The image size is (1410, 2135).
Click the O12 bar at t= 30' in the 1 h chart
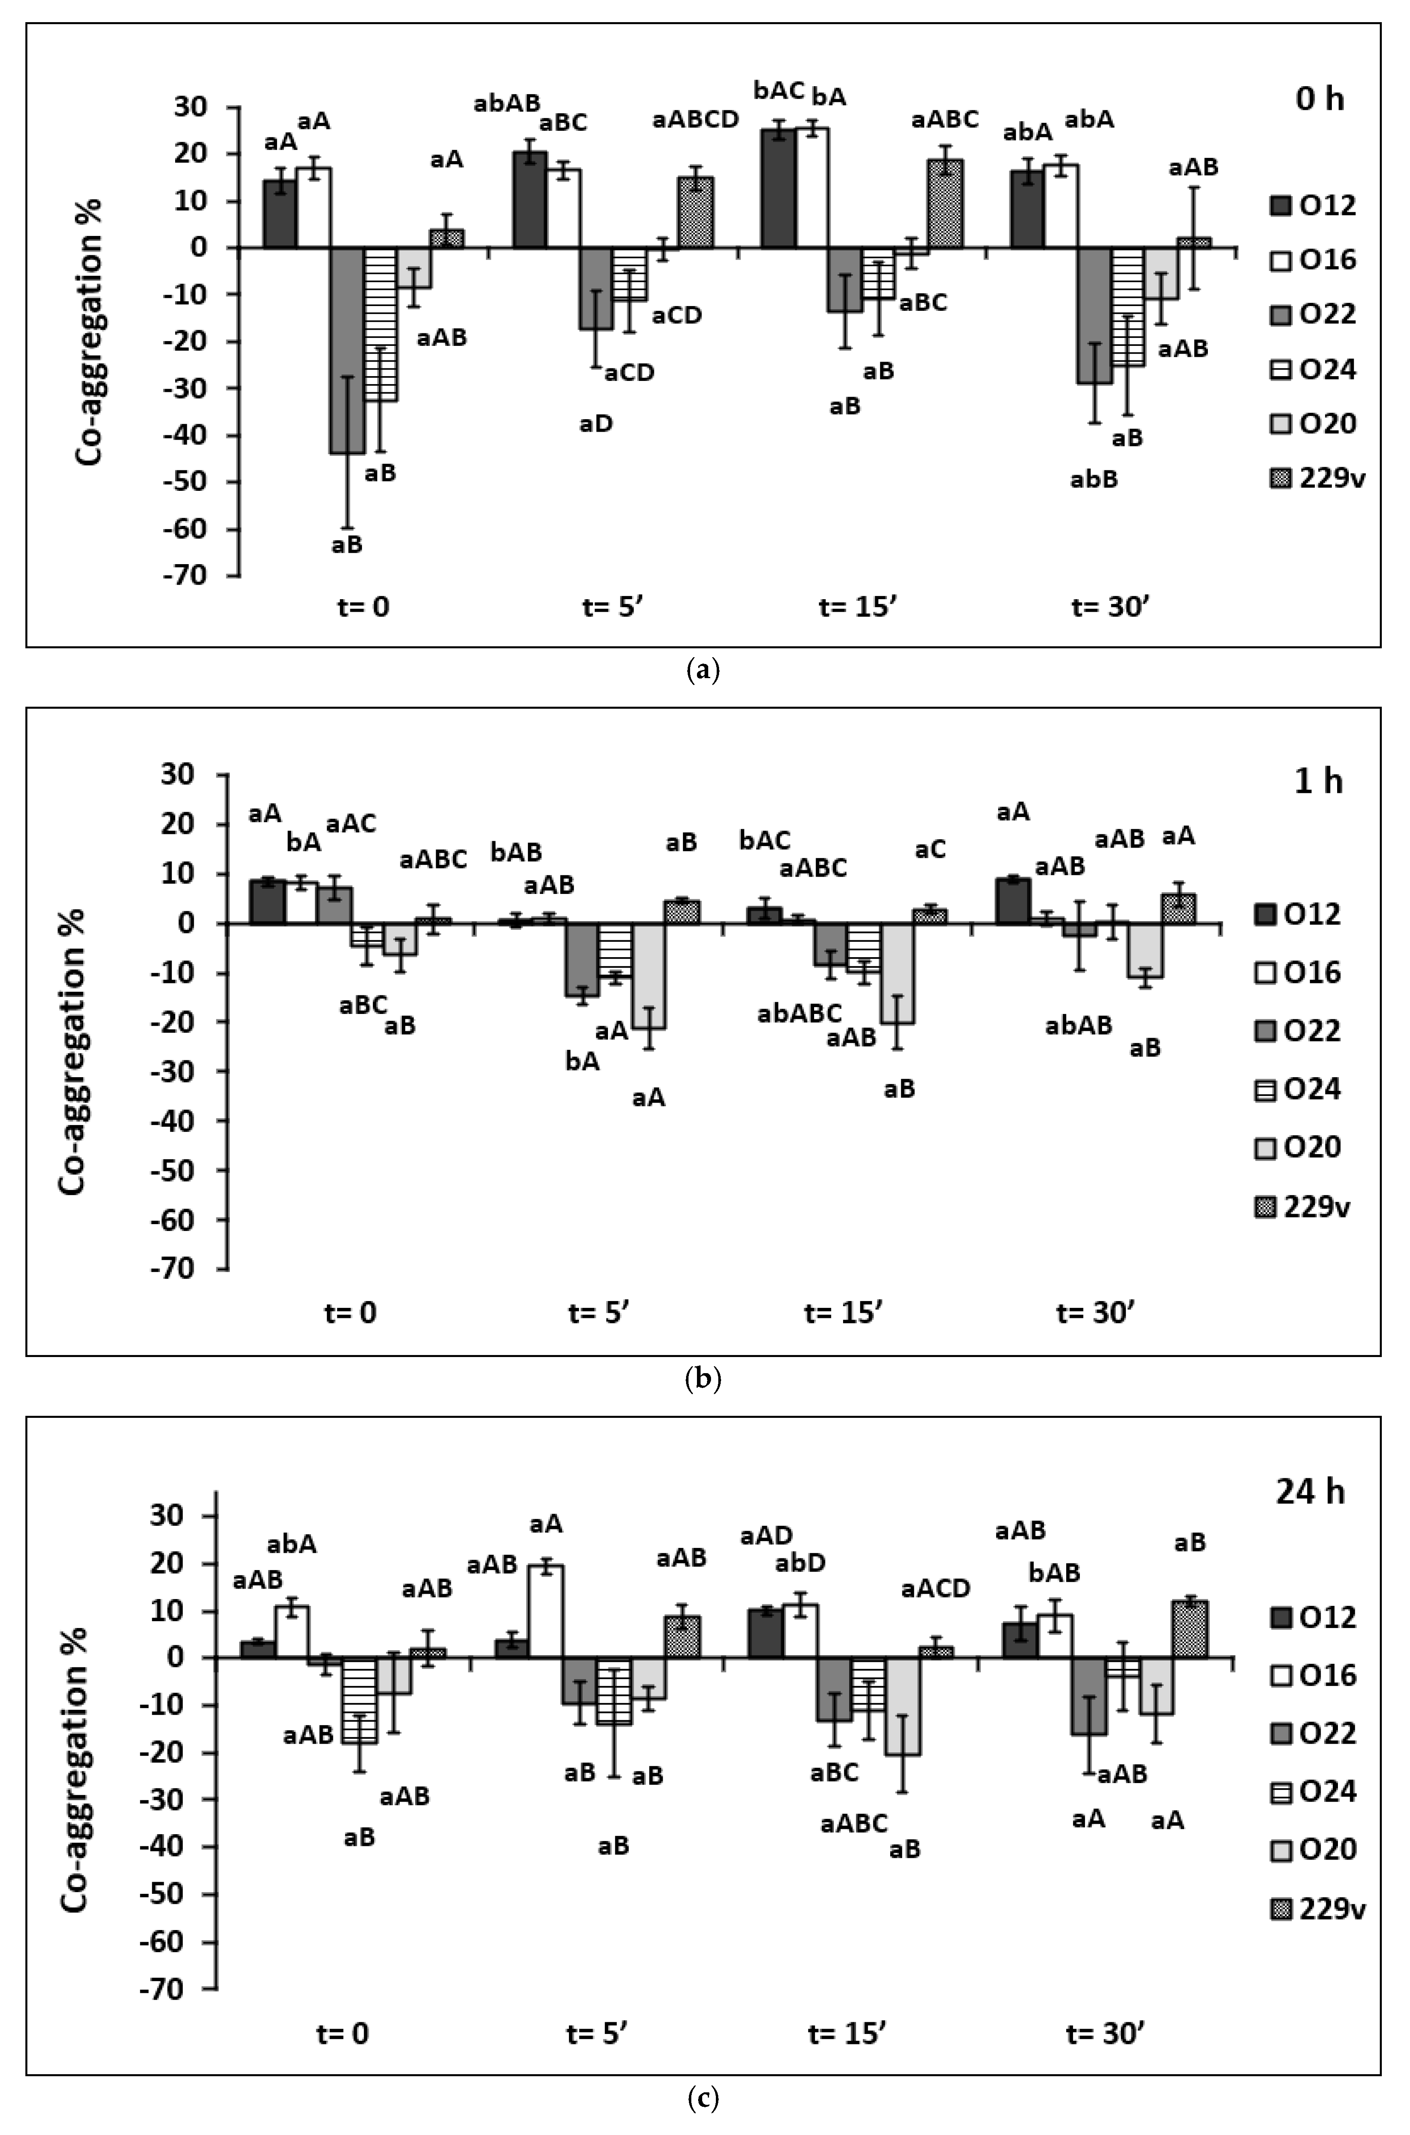pos(1013,901)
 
